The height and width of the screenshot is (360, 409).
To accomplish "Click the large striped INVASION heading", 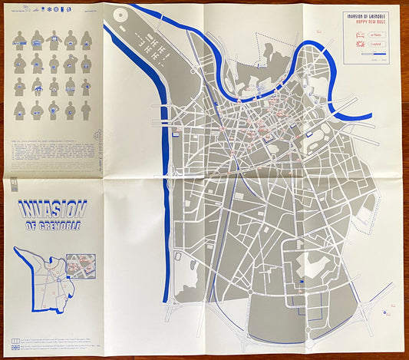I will (x=52, y=210).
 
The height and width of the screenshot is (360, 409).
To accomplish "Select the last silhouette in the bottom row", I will (x=85, y=109).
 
